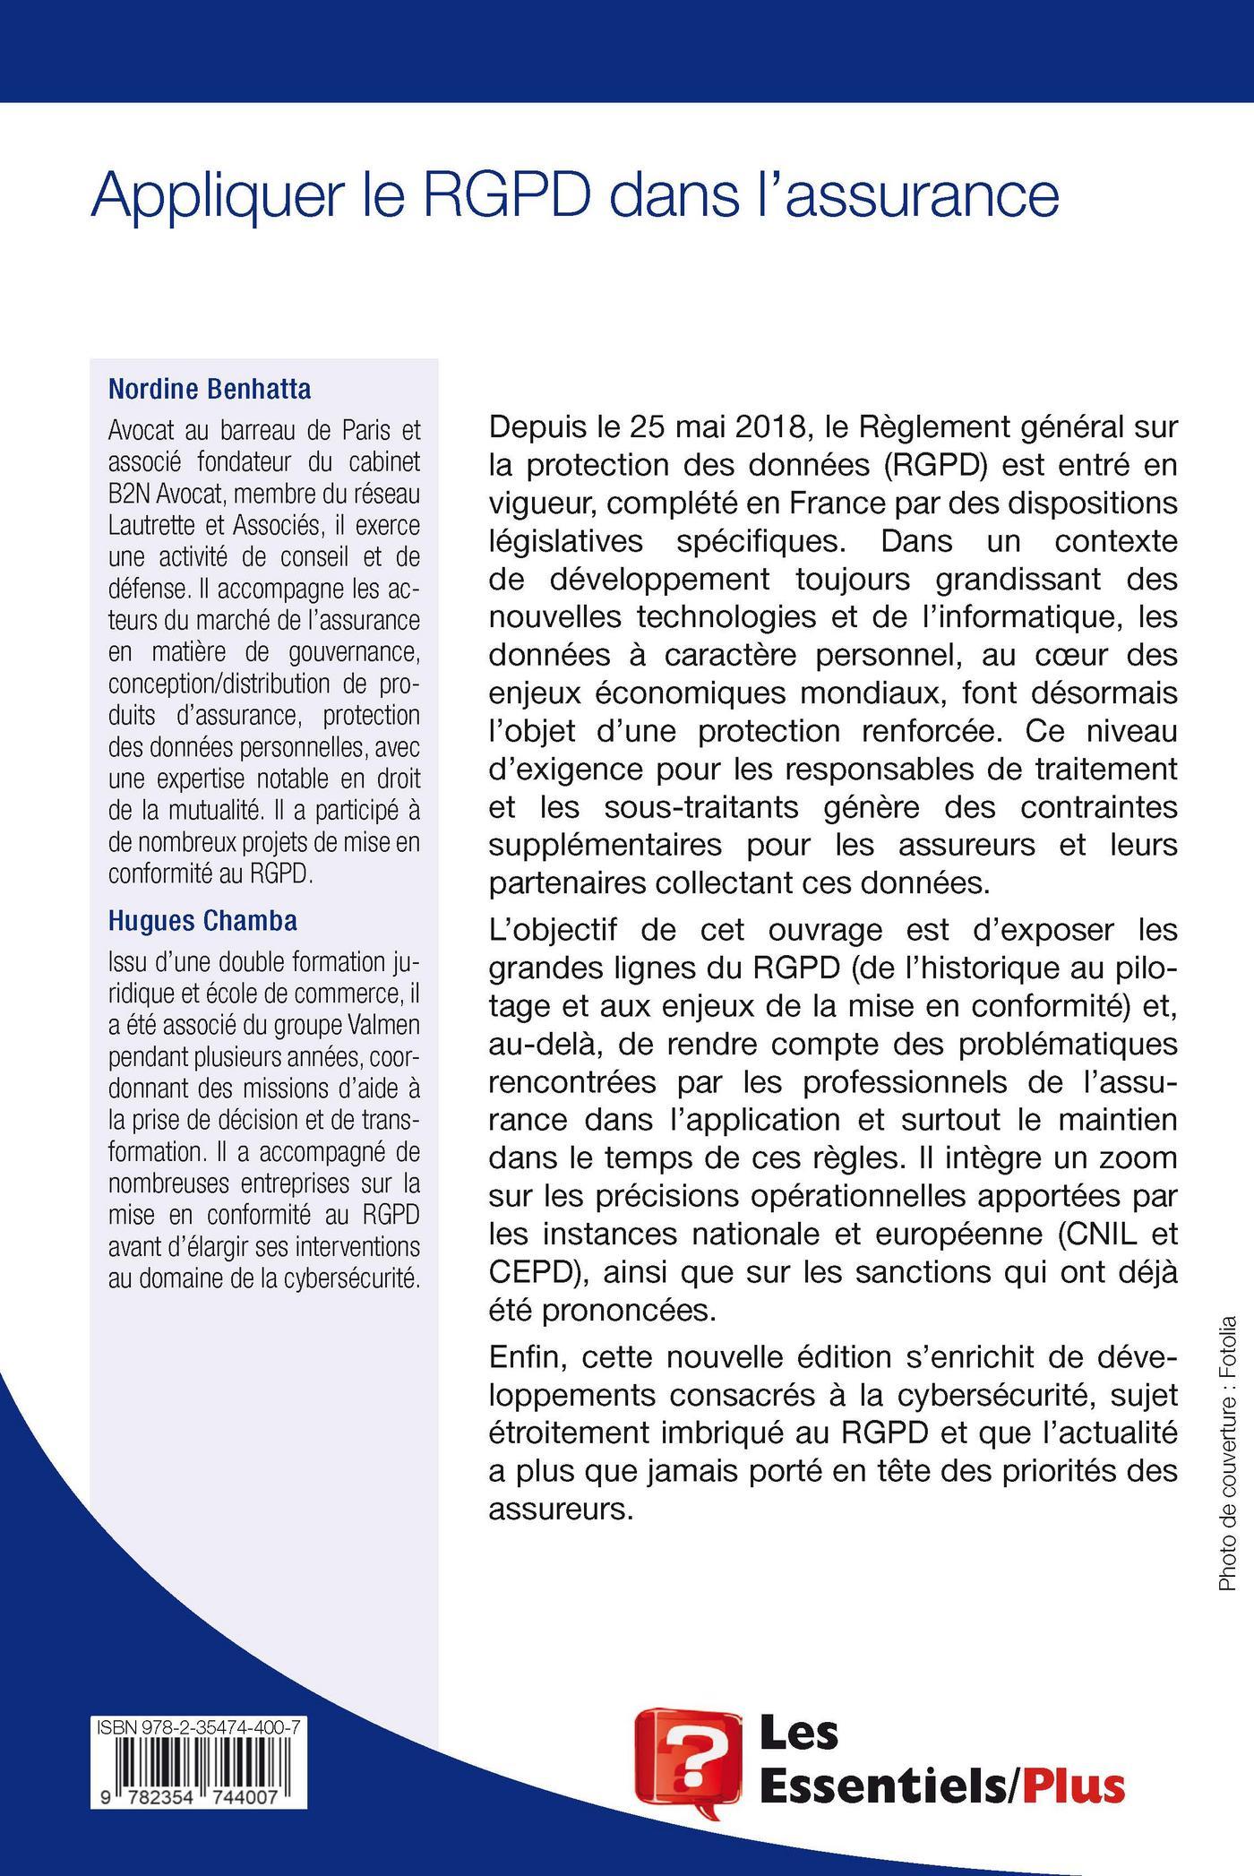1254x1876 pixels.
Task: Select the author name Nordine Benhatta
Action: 209,389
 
